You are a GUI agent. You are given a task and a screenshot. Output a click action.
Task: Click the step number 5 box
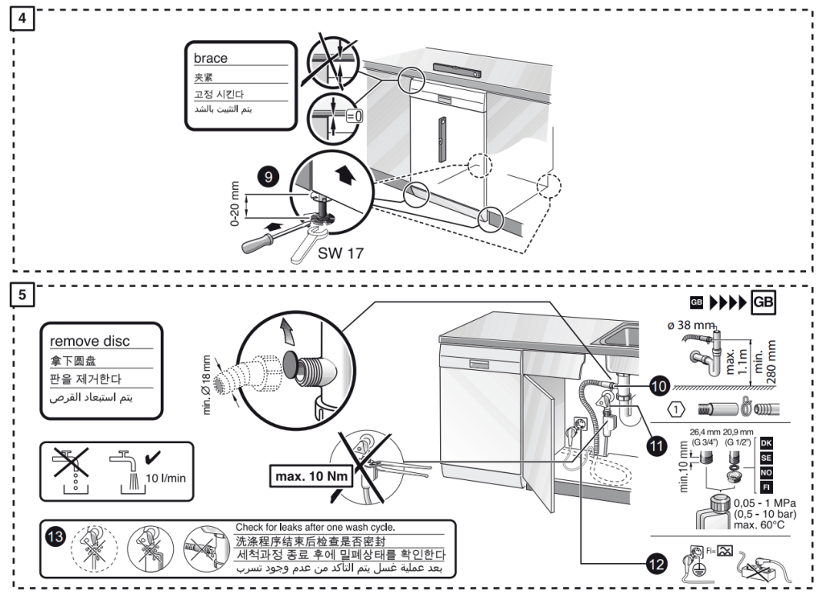click(x=24, y=295)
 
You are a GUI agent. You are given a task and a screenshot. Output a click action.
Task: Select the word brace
click(x=211, y=58)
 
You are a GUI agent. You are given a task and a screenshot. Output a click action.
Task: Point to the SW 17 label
click(x=341, y=253)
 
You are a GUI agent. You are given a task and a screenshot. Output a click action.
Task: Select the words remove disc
click(x=89, y=341)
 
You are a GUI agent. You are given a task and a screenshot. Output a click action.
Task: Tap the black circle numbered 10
click(x=659, y=386)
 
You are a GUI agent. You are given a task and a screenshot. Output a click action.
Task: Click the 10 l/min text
click(x=167, y=477)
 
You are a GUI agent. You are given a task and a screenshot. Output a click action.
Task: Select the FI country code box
click(x=766, y=487)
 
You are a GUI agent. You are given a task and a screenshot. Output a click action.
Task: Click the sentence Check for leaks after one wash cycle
click(x=315, y=527)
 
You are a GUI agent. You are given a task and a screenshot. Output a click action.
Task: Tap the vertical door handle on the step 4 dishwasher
click(x=441, y=133)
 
